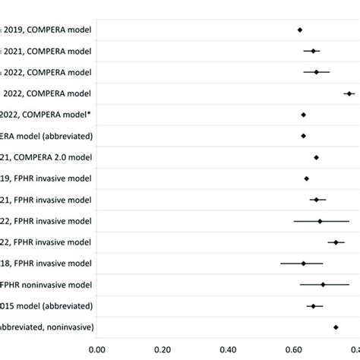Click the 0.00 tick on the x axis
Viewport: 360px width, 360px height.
[96, 350]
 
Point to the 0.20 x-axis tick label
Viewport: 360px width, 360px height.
[163, 350]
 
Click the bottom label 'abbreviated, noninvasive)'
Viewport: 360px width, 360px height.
[47, 327]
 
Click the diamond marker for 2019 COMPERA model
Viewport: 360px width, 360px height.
[299, 30]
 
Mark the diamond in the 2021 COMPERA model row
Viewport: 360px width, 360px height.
[313, 51]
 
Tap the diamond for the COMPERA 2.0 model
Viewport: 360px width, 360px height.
[316, 157]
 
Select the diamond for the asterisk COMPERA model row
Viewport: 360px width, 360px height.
[303, 115]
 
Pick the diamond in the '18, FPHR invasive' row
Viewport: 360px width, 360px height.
[303, 264]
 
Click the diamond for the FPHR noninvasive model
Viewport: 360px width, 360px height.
[323, 285]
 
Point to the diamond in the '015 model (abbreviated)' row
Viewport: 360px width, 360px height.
[313, 306]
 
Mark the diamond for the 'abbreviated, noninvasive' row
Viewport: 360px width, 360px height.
[336, 327]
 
